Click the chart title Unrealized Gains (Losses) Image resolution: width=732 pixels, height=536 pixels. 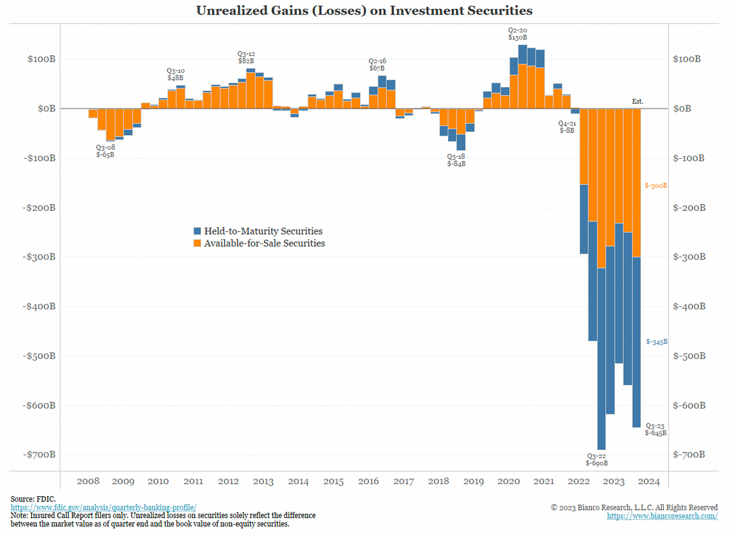tap(364, 11)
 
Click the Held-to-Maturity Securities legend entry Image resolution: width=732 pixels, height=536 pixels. tap(258, 231)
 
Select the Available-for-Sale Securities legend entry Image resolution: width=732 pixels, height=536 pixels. tap(259, 243)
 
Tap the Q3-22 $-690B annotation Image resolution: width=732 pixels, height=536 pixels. tap(597, 460)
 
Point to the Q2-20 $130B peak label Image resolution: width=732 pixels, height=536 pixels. tap(518, 34)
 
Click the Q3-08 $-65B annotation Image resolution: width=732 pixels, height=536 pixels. tap(105, 151)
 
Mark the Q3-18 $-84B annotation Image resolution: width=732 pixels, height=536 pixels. tap(456, 160)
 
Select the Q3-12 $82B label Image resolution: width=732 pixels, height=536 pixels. tap(246, 58)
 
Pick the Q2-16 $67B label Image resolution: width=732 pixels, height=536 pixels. tap(377, 64)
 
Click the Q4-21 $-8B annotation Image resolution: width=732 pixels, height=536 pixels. tap(567, 127)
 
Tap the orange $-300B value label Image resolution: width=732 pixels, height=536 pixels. tap(656, 186)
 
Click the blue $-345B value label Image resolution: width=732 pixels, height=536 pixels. tap(657, 342)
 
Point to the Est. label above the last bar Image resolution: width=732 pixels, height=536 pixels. tap(637, 102)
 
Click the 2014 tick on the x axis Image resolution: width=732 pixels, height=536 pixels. tap(298, 482)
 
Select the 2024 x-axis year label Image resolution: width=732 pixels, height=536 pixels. tap(648, 482)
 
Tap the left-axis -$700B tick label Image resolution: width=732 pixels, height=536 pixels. tap(39, 454)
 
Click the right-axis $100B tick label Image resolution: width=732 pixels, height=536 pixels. tap(687, 59)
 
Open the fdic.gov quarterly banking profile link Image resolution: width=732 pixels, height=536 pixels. tap(104, 508)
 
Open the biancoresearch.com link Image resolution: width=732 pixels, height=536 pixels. tap(662, 516)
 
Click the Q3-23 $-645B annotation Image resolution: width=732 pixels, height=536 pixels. tap(655, 430)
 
